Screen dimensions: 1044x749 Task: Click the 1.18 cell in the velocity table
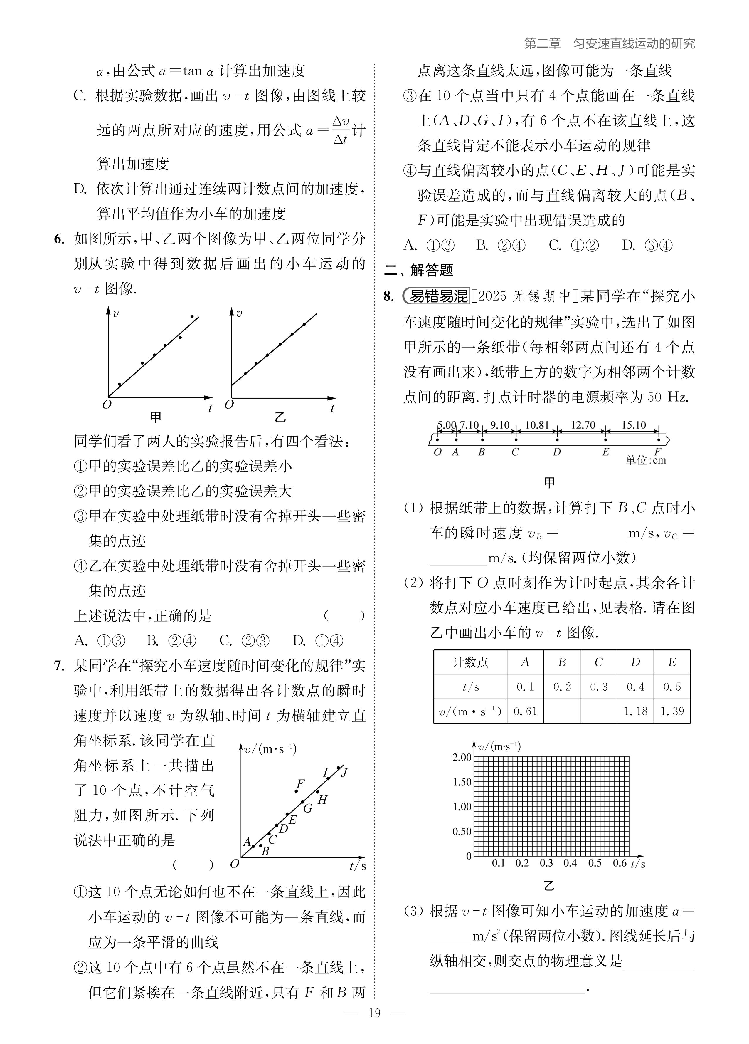pos(635,711)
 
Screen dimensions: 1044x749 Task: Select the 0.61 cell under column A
pos(525,711)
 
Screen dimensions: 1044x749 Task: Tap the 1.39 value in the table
pos(672,711)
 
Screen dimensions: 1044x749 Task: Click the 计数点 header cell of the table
pos(470,662)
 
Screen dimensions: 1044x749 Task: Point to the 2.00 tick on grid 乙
pos(462,757)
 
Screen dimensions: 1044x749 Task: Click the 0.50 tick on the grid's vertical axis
pos(462,831)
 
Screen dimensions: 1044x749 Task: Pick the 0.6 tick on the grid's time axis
pos(619,863)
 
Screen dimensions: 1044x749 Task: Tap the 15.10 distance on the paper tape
pos(634,425)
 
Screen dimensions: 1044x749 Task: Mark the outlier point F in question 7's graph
pos(296,791)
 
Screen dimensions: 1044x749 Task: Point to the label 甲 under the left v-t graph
pos(156,417)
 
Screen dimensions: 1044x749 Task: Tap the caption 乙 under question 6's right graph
pos(280,417)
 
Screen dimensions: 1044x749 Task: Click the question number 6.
pos(59,239)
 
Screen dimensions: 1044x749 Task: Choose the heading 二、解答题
pos(419,270)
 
